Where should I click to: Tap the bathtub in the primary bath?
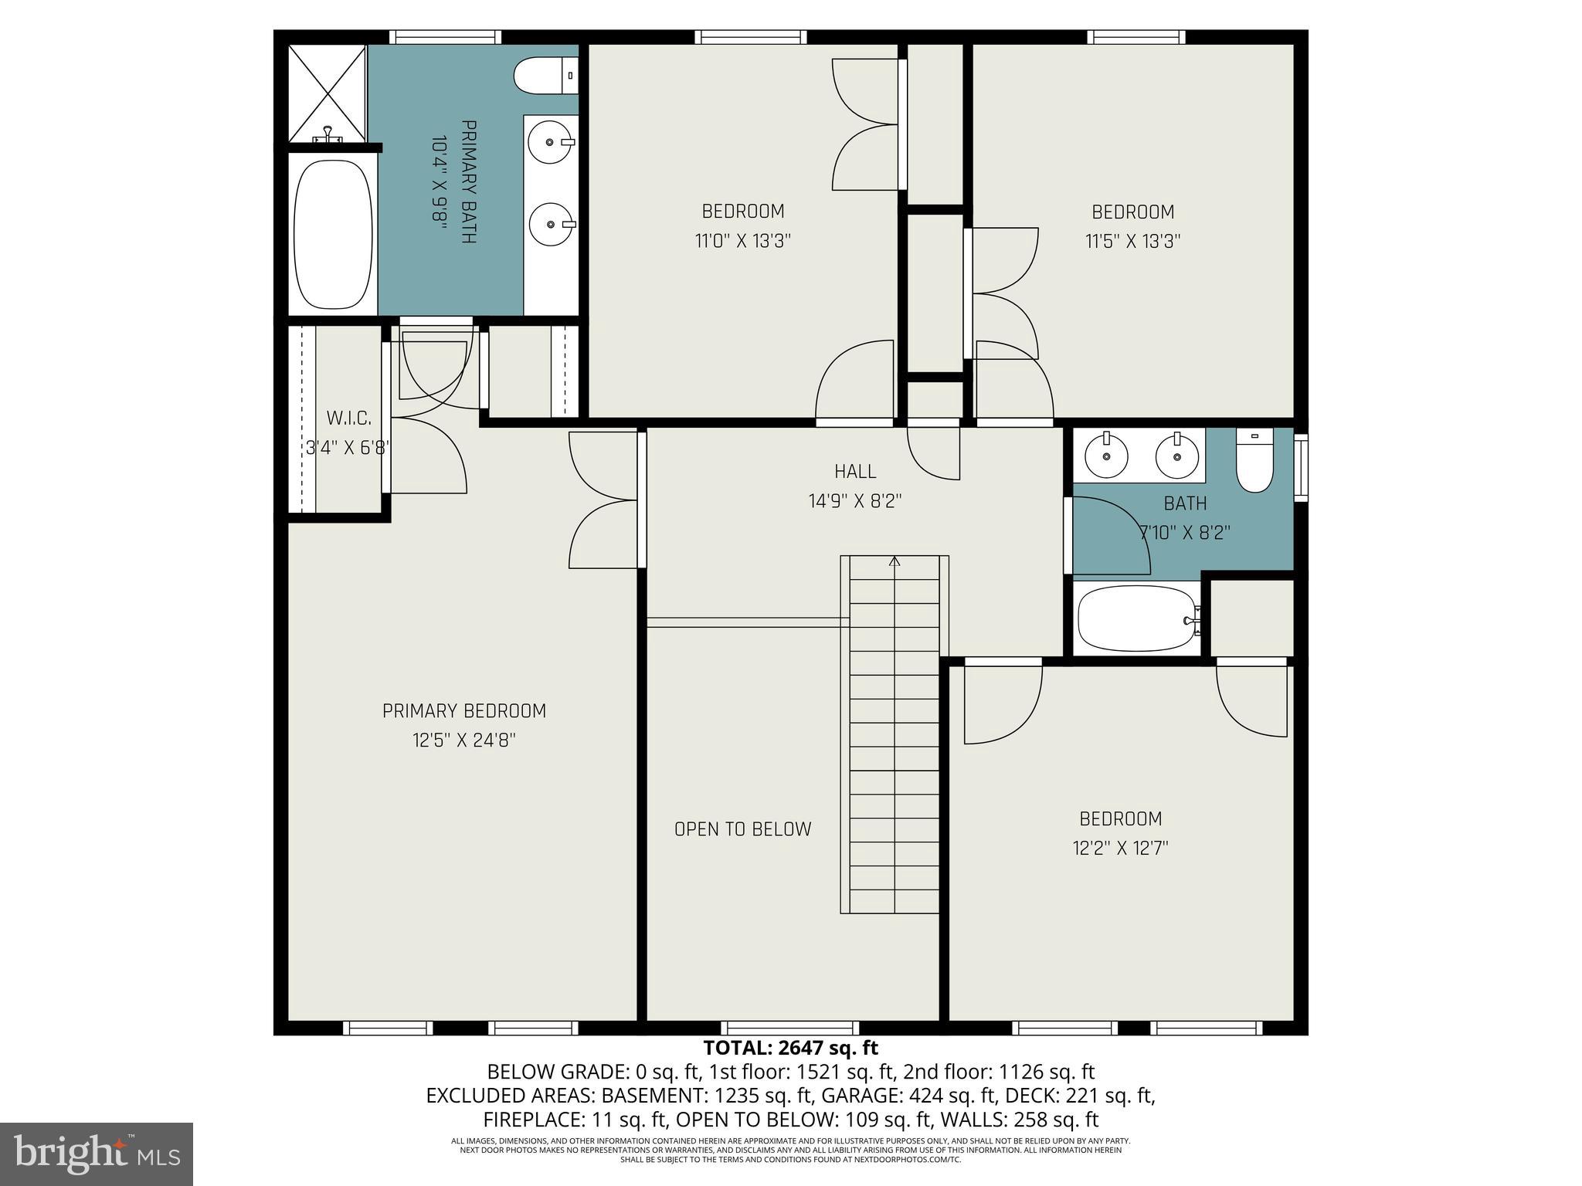tap(334, 233)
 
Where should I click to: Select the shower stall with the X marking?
tap(327, 93)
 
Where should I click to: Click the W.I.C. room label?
tap(348, 418)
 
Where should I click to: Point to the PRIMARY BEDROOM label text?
tap(463, 711)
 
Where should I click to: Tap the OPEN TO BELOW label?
tap(742, 829)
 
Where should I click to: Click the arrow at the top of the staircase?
tap(895, 561)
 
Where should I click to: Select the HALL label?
tap(855, 472)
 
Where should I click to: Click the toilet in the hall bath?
tap(1254, 460)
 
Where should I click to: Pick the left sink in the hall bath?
tap(1106, 456)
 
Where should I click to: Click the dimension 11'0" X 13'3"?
tap(742, 242)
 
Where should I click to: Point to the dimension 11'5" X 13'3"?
tap(1132, 242)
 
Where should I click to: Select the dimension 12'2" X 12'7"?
tap(1120, 849)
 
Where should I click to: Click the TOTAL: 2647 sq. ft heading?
tap(790, 1049)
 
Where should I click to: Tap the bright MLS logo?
tap(97, 1154)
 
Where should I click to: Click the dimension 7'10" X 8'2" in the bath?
tap(1185, 533)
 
